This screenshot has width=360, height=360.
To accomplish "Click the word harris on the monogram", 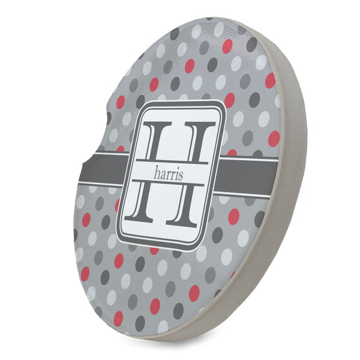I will pyautogui.click(x=170, y=174).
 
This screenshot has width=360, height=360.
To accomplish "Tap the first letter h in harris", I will pyautogui.click(x=158, y=173).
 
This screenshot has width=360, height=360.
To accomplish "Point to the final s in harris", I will pyautogui.click(x=183, y=175).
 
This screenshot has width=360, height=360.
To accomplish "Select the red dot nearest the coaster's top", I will pyautogui.click(x=227, y=46).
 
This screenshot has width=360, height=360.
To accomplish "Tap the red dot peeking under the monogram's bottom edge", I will pyautogui.click(x=154, y=250).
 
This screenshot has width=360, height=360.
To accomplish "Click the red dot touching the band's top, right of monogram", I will pyautogui.click(x=232, y=152).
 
